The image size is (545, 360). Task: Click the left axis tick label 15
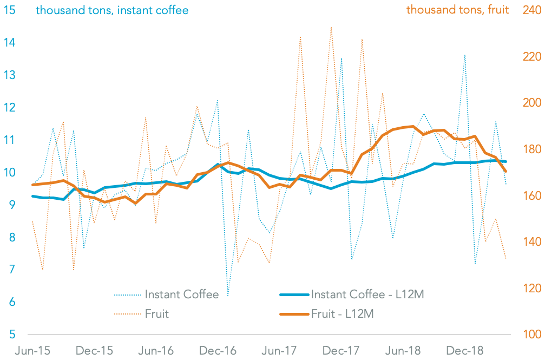coord(9,10)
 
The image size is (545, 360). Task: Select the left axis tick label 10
coord(9,172)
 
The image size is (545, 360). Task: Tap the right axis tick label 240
coord(531,10)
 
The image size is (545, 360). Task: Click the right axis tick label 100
coord(531,335)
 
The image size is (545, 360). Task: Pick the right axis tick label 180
coord(531,149)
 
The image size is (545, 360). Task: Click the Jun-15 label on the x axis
coord(32,351)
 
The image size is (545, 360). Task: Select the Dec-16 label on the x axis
coord(219,351)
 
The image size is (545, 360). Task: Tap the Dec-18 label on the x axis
coord(465,351)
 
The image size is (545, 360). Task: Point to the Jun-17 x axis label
coord(280,351)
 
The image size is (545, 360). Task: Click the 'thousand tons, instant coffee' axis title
coord(112,10)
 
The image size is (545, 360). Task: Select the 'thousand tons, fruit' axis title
coord(457,10)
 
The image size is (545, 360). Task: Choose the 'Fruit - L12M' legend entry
coord(342,313)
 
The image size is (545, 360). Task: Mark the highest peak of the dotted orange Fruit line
coord(331,27)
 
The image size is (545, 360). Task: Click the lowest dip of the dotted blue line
coord(228,296)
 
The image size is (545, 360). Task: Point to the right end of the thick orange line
coord(505,172)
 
